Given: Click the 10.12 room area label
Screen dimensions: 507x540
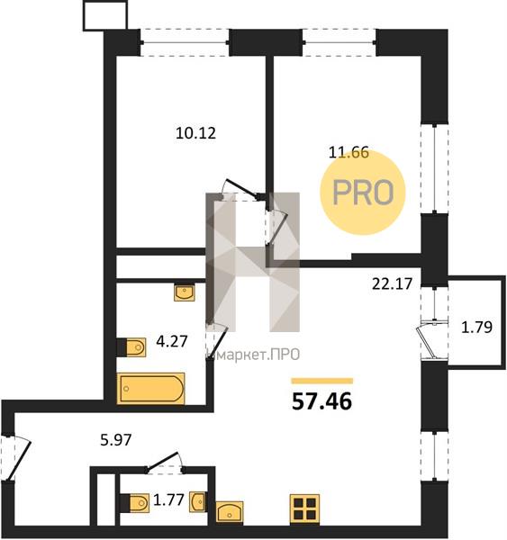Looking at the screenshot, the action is pyautogui.click(x=195, y=133).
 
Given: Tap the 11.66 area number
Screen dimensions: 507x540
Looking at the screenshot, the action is pyautogui.click(x=349, y=152).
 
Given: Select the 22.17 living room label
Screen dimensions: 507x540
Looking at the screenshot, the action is pyautogui.click(x=393, y=283).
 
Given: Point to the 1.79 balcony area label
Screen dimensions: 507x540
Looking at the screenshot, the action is pyautogui.click(x=476, y=328).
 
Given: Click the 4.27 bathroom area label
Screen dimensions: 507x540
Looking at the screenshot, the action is pyautogui.click(x=172, y=341).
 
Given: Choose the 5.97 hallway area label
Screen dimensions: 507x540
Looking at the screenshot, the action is pyautogui.click(x=116, y=440).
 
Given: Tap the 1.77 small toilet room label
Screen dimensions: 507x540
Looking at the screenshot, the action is pyautogui.click(x=168, y=499).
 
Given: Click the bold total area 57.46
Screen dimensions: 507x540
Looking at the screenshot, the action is pyautogui.click(x=321, y=401).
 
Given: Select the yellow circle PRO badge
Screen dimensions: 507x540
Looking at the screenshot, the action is pyautogui.click(x=363, y=193).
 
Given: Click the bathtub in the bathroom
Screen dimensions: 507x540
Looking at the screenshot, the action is pyautogui.click(x=151, y=389).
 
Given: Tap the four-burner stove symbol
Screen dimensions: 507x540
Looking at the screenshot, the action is pyautogui.click(x=304, y=509).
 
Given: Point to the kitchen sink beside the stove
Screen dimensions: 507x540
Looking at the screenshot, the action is pyautogui.click(x=230, y=512).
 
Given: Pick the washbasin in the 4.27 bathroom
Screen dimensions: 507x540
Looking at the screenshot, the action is pyautogui.click(x=185, y=292).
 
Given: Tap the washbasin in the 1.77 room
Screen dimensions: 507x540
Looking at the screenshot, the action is pyautogui.click(x=198, y=502).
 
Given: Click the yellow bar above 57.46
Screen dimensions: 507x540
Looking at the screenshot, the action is pyautogui.click(x=322, y=381).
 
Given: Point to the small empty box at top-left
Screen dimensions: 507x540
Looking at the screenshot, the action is pyautogui.click(x=105, y=15).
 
